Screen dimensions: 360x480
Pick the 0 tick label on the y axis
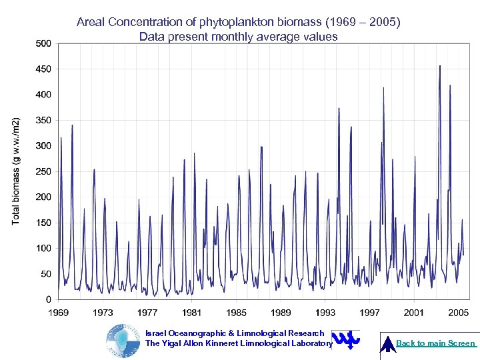[49, 299]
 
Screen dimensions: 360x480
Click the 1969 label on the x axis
[58, 312]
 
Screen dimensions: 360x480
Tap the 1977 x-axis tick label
[147, 312]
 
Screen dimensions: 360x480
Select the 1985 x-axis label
[236, 312]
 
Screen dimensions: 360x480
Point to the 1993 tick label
[325, 312]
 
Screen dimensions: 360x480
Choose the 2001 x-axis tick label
[414, 312]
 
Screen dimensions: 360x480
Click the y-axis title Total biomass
[16, 171]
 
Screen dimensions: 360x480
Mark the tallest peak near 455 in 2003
[440, 66]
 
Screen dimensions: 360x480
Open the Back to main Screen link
[436, 343]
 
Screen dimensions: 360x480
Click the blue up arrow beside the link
[387, 343]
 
